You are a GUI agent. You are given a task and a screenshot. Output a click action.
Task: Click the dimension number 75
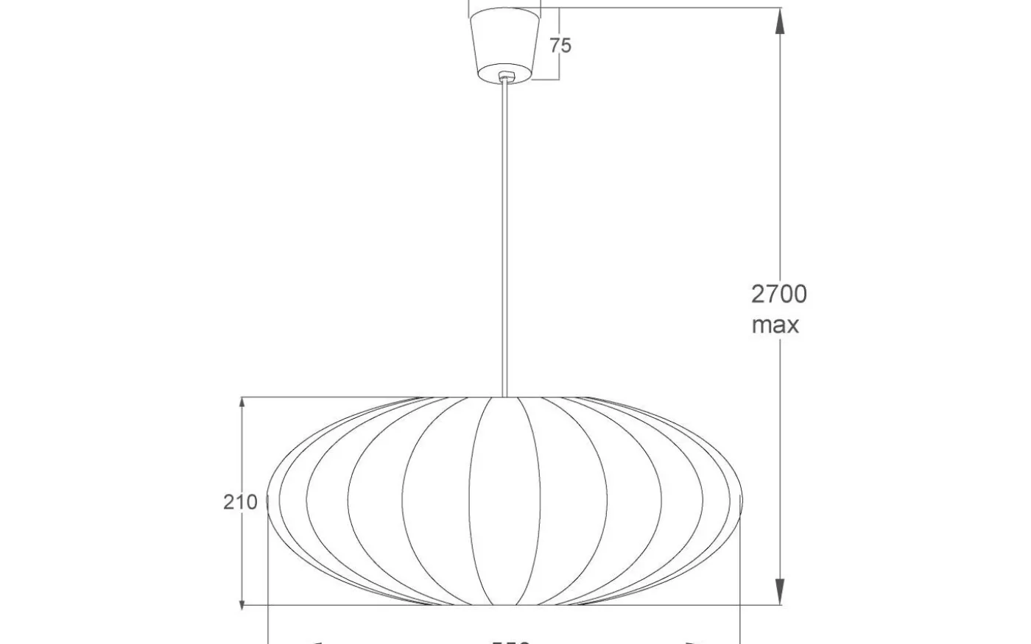560,46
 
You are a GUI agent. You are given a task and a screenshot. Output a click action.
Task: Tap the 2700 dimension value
779,294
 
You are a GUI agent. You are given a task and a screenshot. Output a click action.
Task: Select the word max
775,325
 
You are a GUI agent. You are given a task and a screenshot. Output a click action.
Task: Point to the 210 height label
240,503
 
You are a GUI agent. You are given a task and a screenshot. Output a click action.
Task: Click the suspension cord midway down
504,236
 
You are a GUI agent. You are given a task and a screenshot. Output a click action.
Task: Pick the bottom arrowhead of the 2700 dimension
779,592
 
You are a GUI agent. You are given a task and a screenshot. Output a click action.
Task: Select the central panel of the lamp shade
504,500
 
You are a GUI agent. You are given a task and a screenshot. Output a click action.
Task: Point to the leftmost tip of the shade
267,500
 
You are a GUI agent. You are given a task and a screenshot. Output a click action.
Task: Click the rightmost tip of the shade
742,500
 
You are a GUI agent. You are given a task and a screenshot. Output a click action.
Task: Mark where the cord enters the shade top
504,397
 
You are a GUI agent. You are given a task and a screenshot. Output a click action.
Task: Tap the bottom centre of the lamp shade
504,605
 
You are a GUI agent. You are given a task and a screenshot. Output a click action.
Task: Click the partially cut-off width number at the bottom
511,641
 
